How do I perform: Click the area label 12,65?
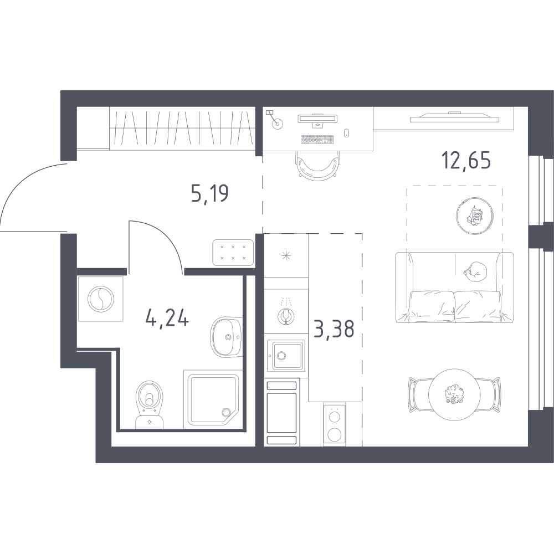[466, 161]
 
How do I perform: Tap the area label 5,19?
[210, 193]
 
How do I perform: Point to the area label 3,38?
[334, 329]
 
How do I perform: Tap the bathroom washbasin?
[227, 337]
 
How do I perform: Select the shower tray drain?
[226, 412]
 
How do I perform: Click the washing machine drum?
[101, 299]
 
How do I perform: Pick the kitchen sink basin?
[285, 356]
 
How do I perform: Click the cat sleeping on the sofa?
[476, 271]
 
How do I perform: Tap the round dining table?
[455, 394]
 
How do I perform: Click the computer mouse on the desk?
[347, 133]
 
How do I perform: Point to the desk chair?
[316, 166]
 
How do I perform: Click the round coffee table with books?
[475, 216]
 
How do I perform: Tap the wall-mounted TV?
[454, 117]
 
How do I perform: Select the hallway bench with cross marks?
[233, 252]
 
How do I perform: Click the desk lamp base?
[278, 124]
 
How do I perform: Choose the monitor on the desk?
[318, 119]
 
